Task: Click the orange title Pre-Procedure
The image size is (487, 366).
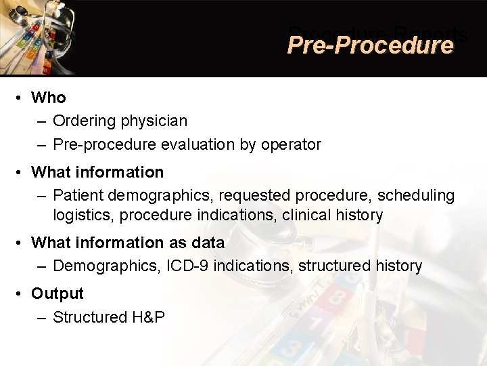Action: pos(369,45)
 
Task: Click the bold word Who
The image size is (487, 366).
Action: pos(49,98)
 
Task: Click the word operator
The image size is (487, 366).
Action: pos(293,144)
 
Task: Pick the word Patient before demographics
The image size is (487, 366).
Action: pos(78,195)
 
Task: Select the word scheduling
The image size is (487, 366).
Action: pos(416,195)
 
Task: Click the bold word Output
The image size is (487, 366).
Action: pos(57,293)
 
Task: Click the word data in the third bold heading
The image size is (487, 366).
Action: pos(206,243)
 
